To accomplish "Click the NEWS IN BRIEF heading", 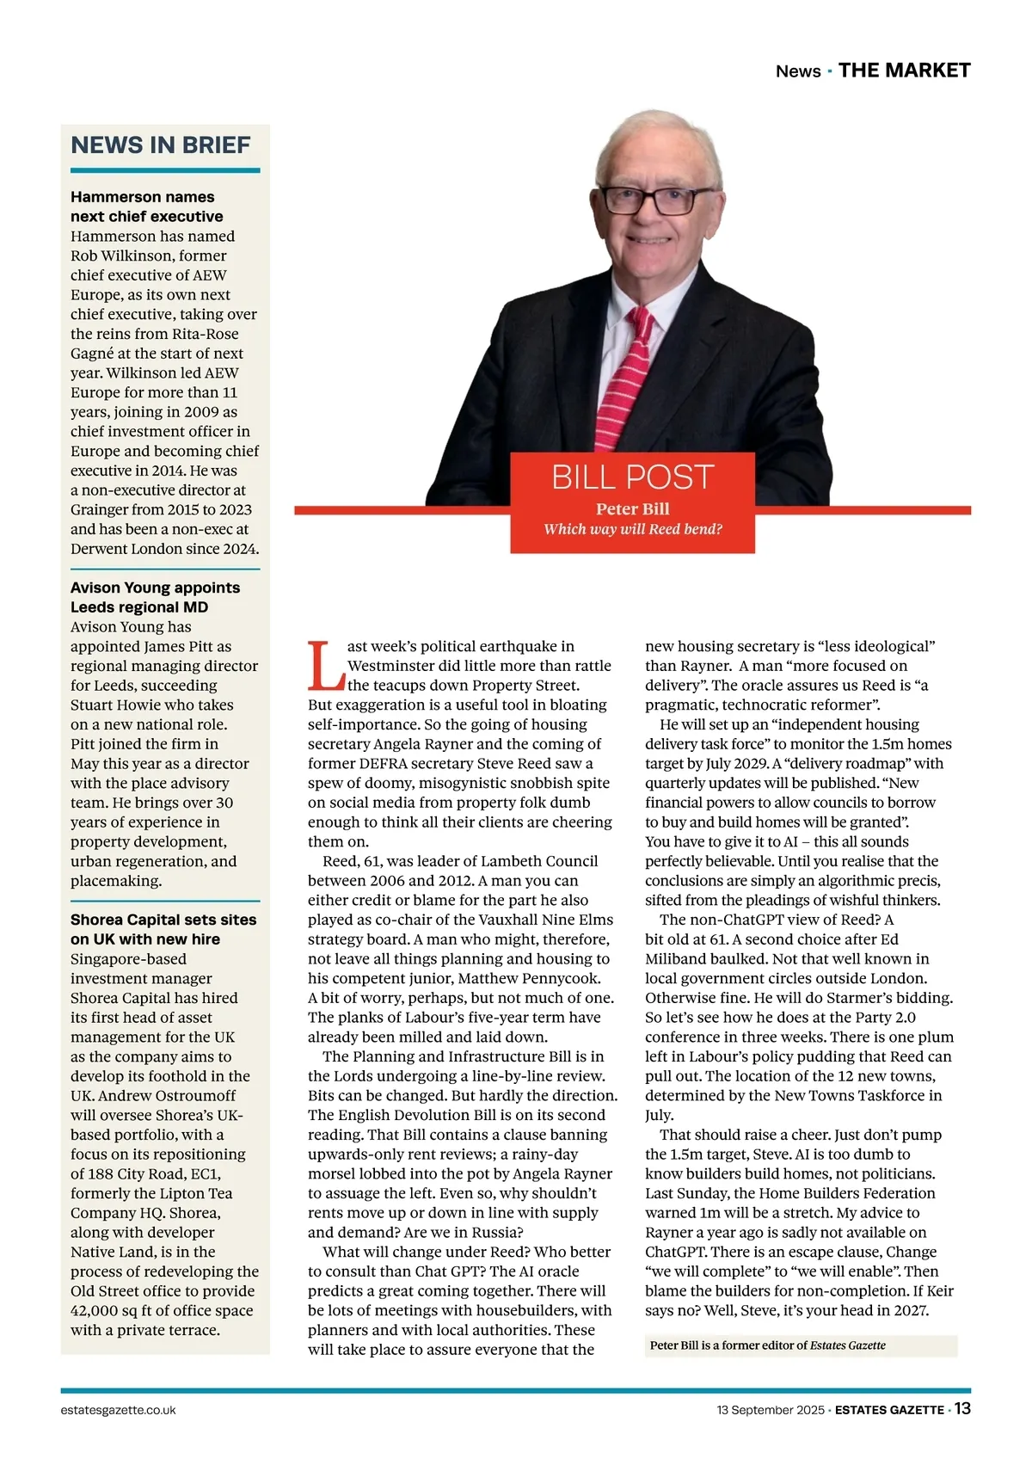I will pyautogui.click(x=161, y=145).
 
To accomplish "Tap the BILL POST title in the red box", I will pyautogui.click(x=632, y=477).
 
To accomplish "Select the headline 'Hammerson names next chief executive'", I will pyautogui.click(x=146, y=206).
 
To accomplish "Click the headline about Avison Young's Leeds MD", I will pyautogui.click(x=155, y=597).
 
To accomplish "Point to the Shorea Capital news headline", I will pyautogui.click(x=163, y=929).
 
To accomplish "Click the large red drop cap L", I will pyautogui.click(x=326, y=666).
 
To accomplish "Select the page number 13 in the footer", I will pyautogui.click(x=962, y=1408).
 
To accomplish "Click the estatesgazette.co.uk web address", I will pyautogui.click(x=119, y=1410).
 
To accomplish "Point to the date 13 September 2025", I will pyautogui.click(x=770, y=1410).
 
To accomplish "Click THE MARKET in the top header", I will pyautogui.click(x=904, y=71).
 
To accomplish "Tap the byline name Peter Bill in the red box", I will pyautogui.click(x=632, y=508).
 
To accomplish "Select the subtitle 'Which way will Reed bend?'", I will pyautogui.click(x=632, y=529).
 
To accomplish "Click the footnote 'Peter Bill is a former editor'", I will pyautogui.click(x=767, y=1345).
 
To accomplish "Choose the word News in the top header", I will pyautogui.click(x=798, y=71).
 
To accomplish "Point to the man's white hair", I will pyautogui.click(x=654, y=133).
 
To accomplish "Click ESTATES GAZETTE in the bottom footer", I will pyautogui.click(x=889, y=1410).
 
